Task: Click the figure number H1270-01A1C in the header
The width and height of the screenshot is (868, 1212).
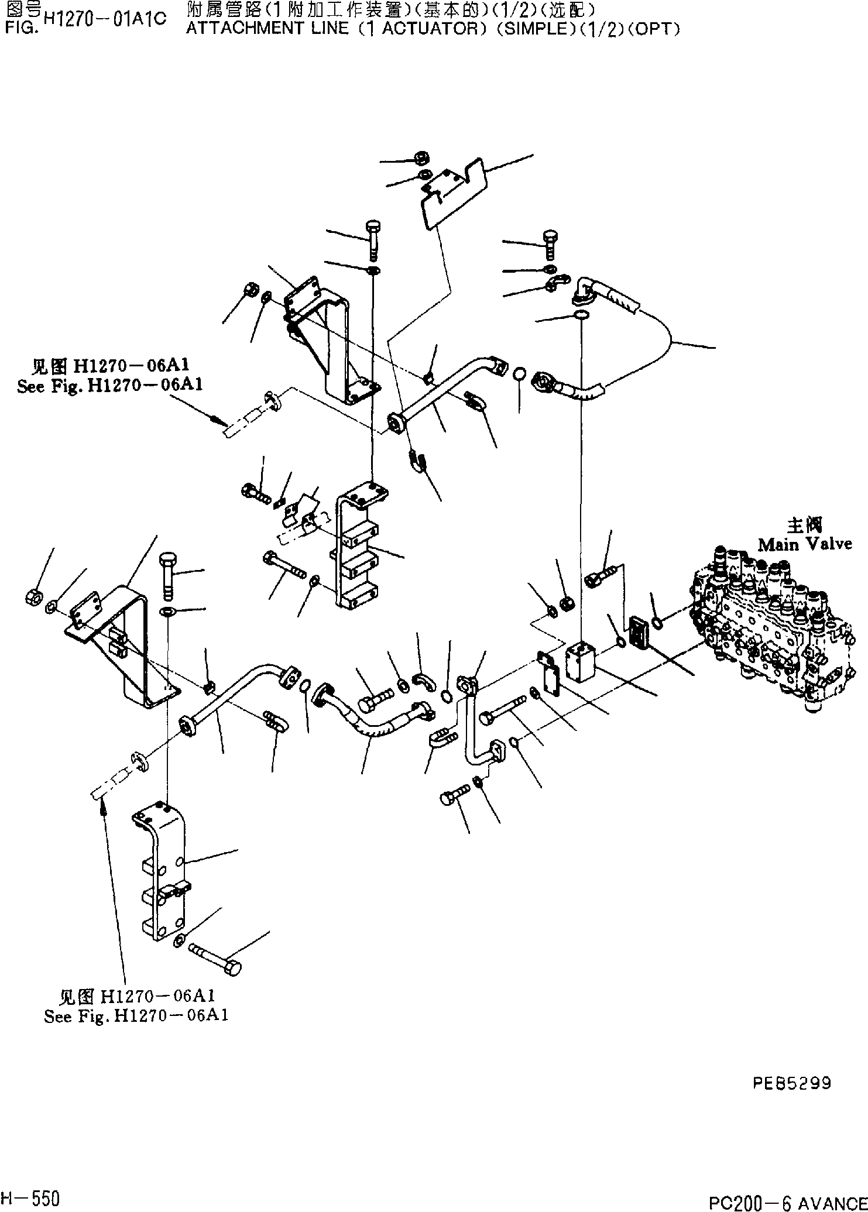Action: pos(104,19)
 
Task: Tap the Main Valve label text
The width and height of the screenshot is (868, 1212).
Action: pos(805,544)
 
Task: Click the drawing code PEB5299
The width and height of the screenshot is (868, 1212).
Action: pos(792,1083)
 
